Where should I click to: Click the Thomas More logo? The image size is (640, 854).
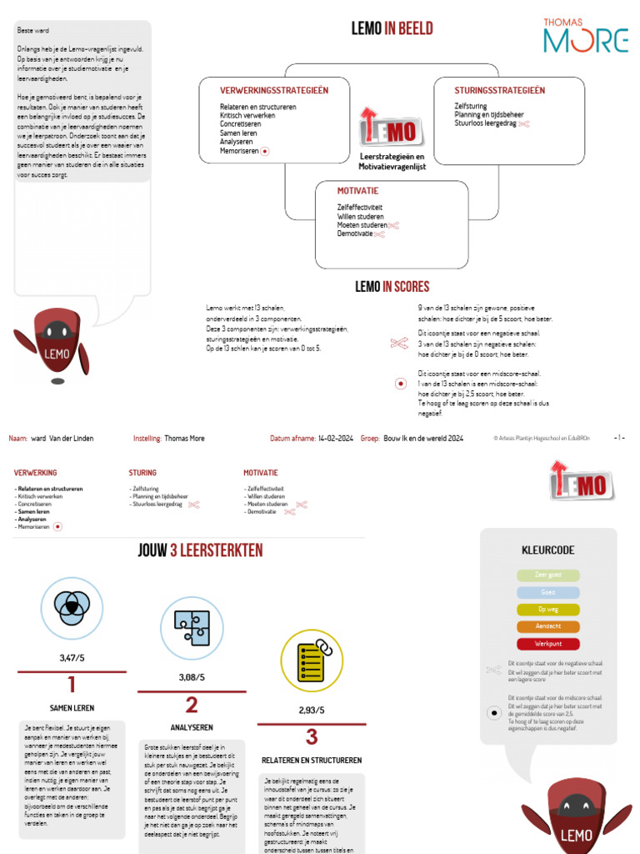click(585, 34)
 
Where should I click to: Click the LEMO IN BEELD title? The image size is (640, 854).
click(392, 29)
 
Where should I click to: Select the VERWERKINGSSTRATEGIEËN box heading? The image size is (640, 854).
click(274, 90)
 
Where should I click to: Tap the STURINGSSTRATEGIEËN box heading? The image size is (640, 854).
click(499, 90)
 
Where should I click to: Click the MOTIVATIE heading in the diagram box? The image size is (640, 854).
click(357, 191)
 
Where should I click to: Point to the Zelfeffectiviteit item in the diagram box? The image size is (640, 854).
click(360, 206)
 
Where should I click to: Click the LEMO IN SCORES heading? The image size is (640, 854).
click(392, 287)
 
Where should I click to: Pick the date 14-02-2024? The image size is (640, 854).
click(335, 438)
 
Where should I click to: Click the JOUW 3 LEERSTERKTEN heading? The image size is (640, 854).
click(200, 550)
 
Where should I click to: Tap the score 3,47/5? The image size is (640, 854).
click(72, 658)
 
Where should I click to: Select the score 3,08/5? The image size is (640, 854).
click(192, 677)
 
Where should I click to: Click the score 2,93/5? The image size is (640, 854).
click(312, 711)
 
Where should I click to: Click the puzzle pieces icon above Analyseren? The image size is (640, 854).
click(192, 628)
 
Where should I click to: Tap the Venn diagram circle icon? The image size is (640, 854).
click(72, 607)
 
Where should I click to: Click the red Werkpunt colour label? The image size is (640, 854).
click(547, 644)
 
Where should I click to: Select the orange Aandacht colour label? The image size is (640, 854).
click(547, 626)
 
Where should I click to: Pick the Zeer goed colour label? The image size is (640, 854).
click(547, 575)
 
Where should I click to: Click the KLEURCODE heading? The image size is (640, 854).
click(547, 550)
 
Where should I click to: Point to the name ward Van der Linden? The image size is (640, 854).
click(62, 438)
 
